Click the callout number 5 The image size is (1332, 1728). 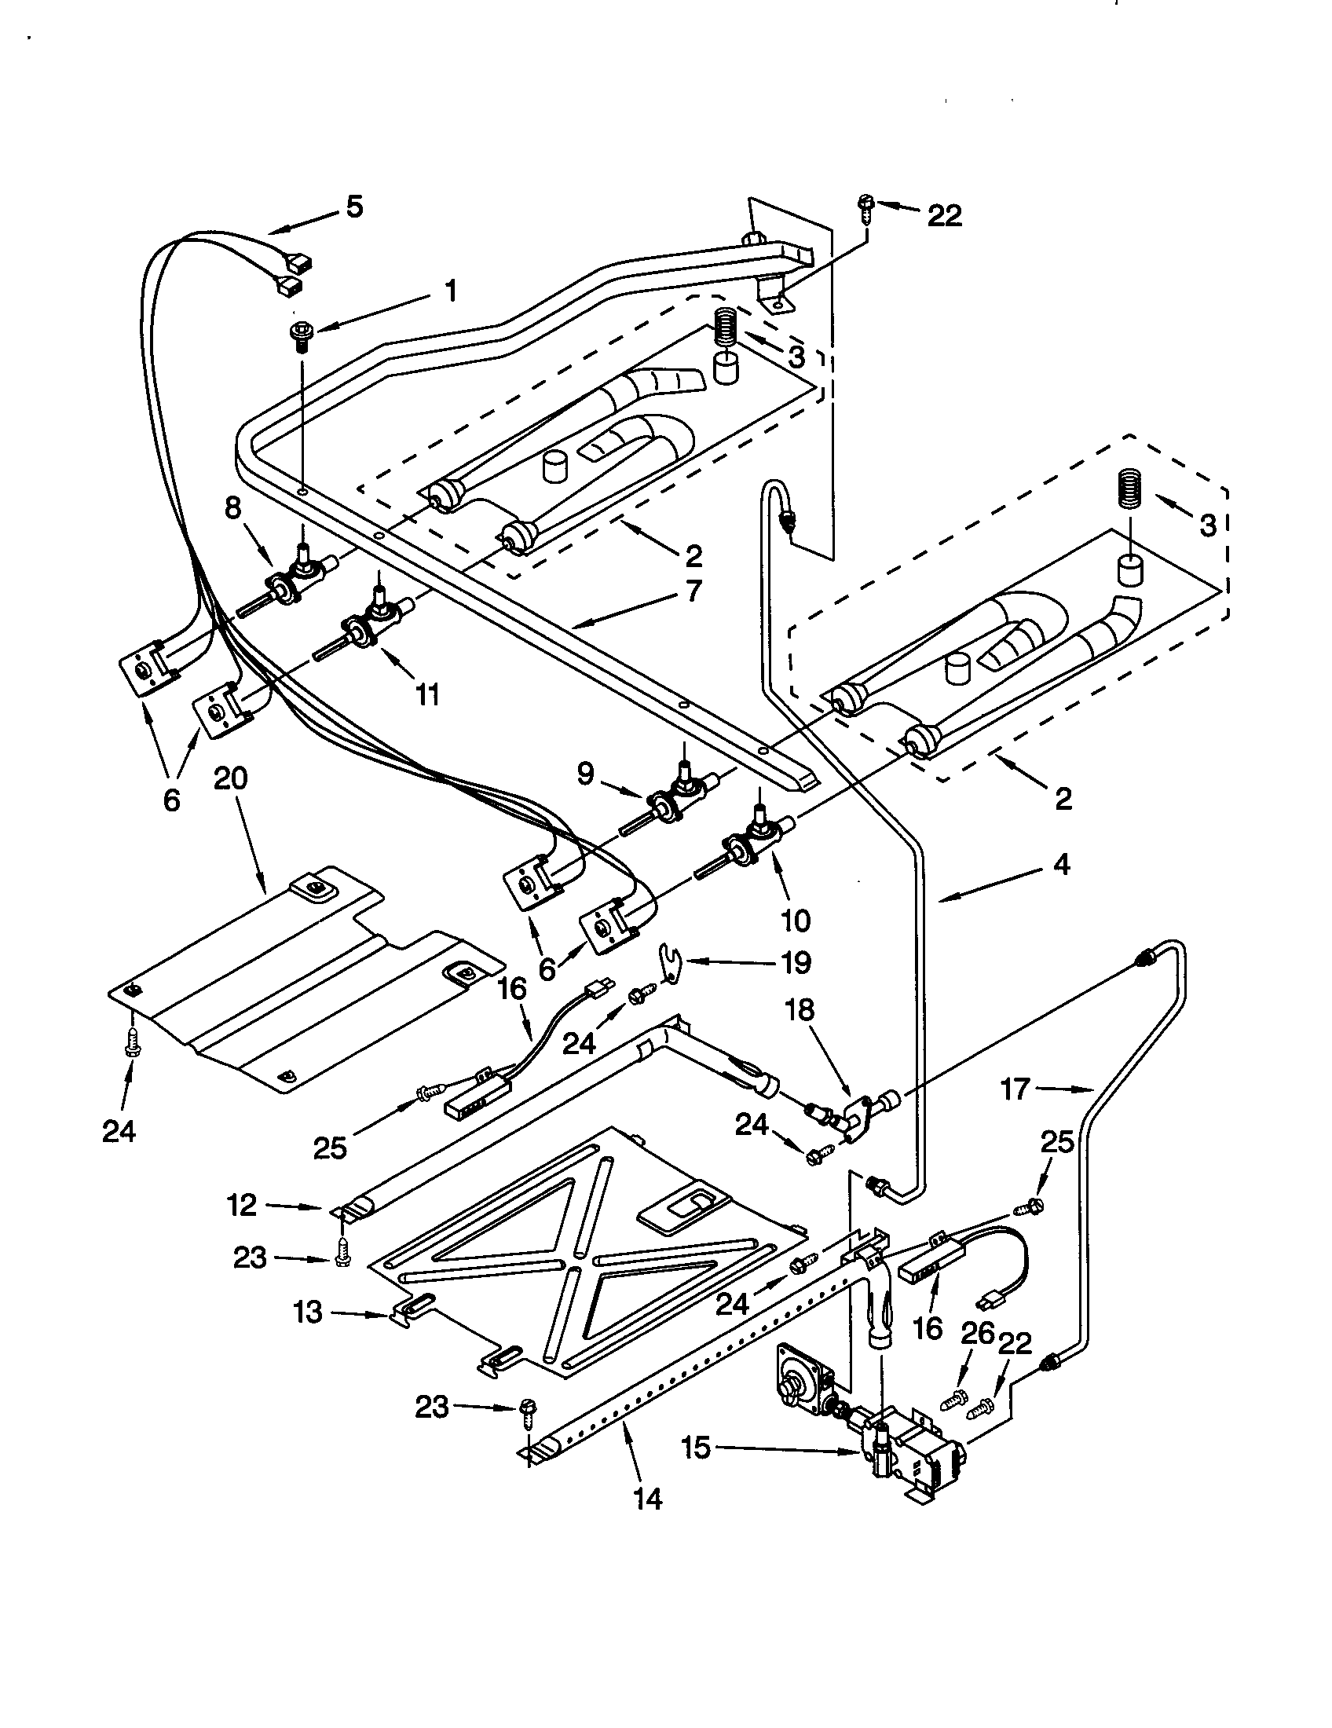pyautogui.click(x=354, y=207)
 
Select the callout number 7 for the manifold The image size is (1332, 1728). pyautogui.click(x=693, y=590)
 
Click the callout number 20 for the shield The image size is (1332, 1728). pyautogui.click(x=230, y=778)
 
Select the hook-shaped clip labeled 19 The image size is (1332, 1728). pyautogui.click(x=671, y=964)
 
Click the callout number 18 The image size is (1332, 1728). pyautogui.click(x=800, y=1010)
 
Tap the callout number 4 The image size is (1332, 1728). pyautogui.click(x=1062, y=865)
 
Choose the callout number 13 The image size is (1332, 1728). pyautogui.click(x=308, y=1312)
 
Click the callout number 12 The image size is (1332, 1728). pyautogui.click(x=242, y=1205)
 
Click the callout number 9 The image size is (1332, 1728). pyautogui.click(x=584, y=774)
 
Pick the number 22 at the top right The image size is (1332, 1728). pyautogui.click(x=944, y=215)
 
